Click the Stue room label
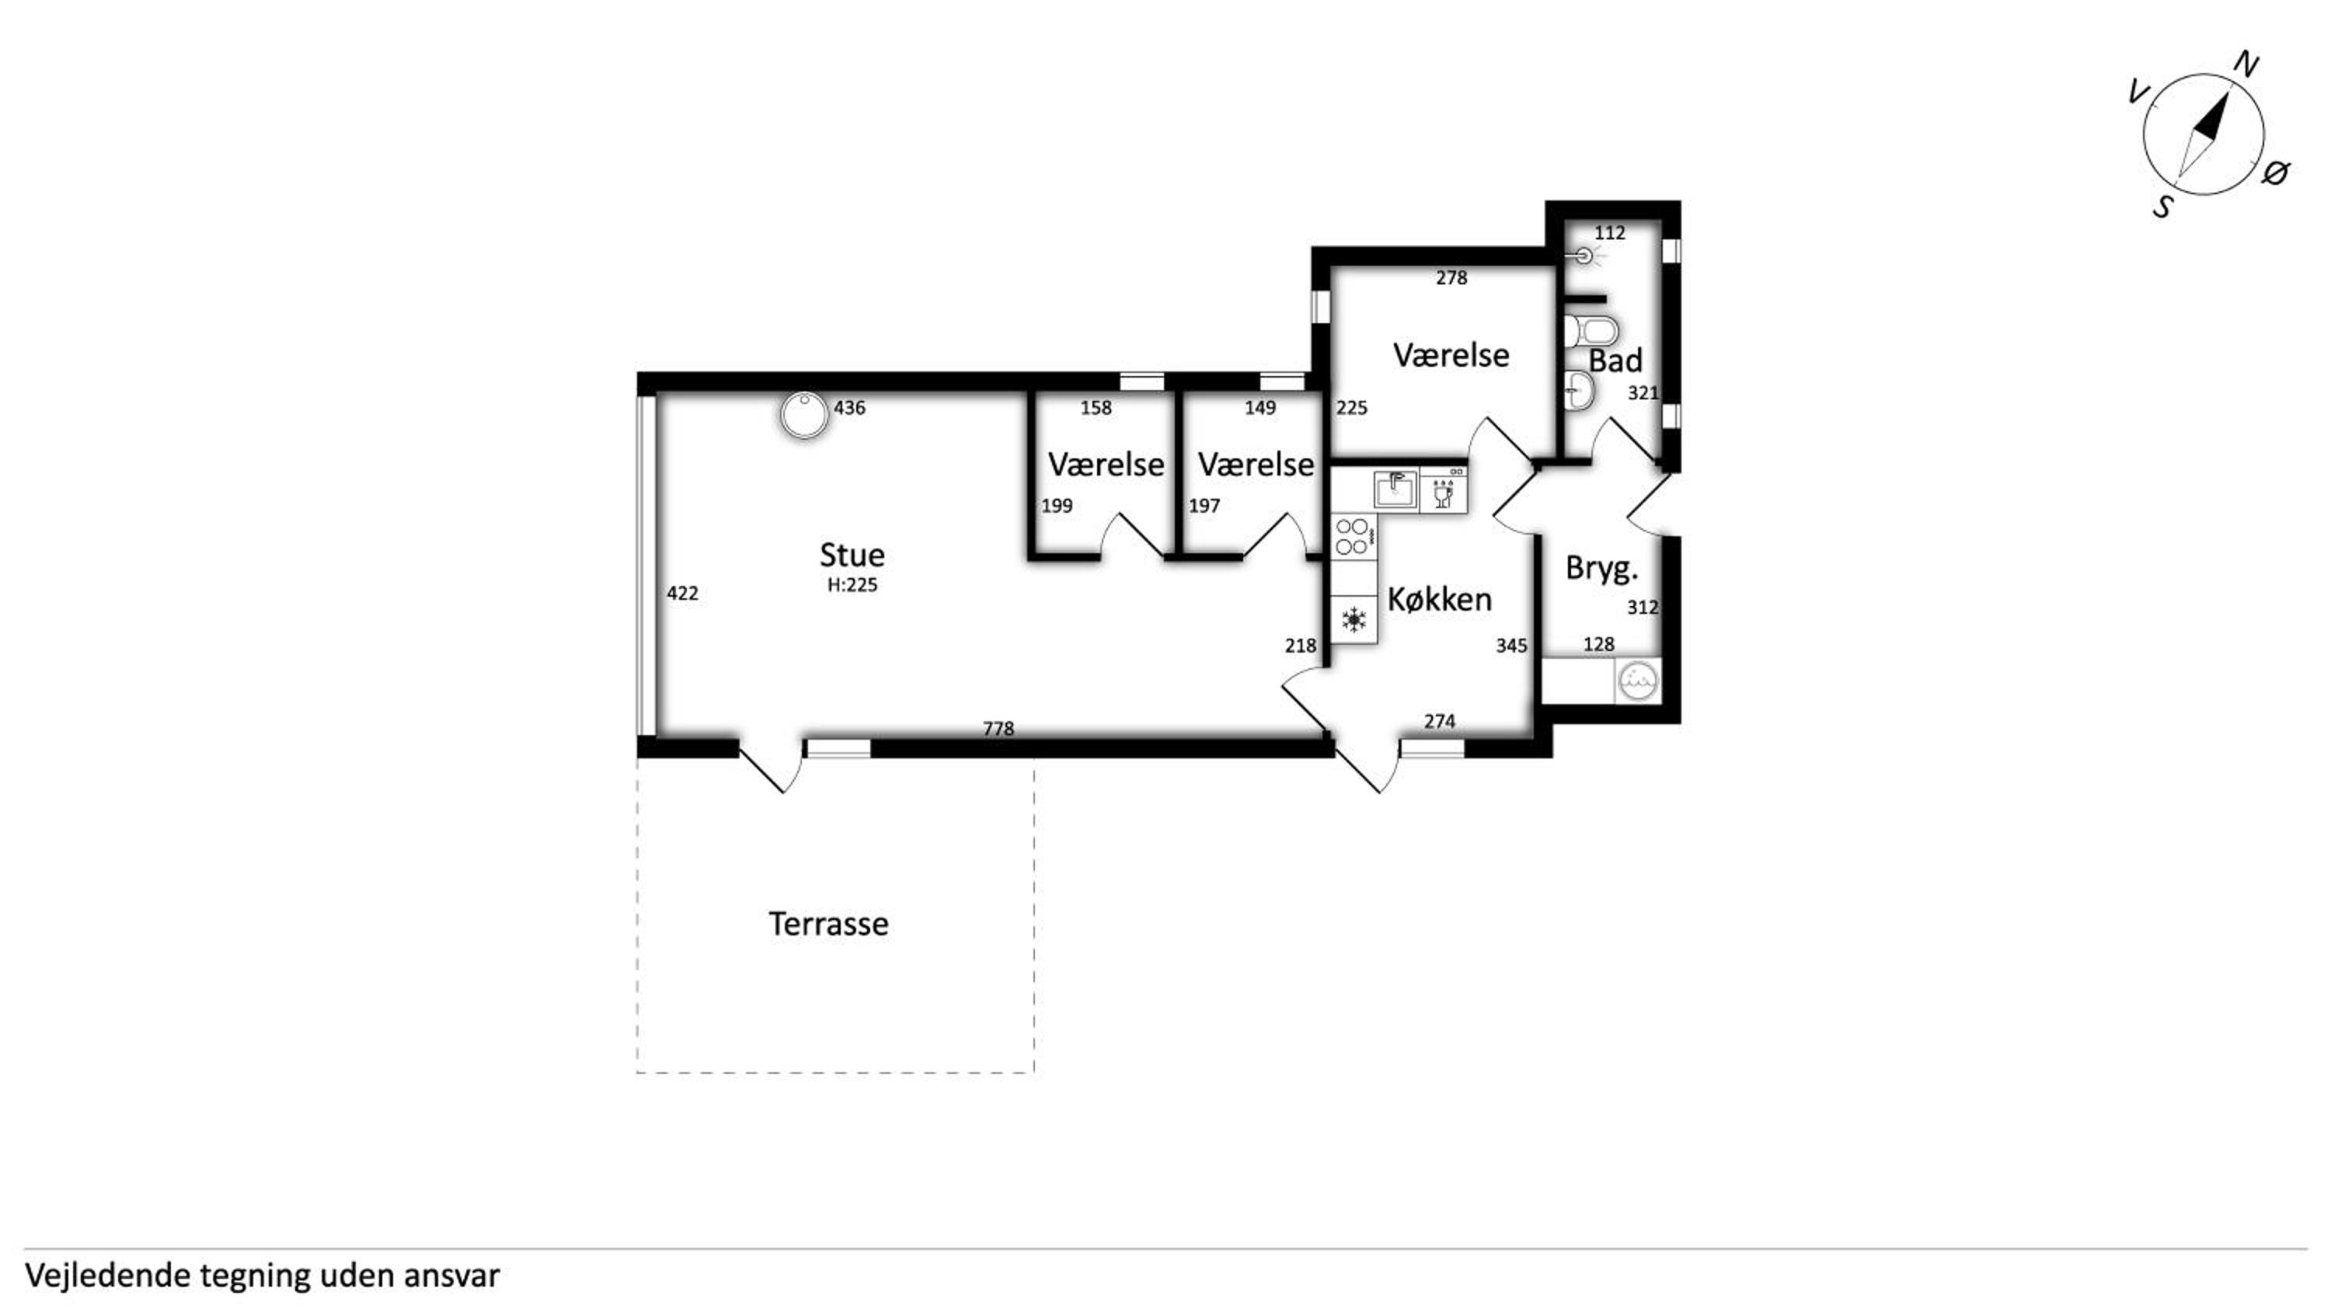pyautogui.click(x=852, y=555)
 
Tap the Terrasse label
pyautogui.click(x=828, y=924)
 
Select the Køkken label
pyautogui.click(x=1439, y=599)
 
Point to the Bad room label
pyautogui.click(x=1615, y=361)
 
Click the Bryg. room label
pyautogui.click(x=1601, y=569)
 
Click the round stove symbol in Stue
pyautogui.click(x=804, y=415)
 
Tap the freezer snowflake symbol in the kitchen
pyautogui.click(x=1354, y=620)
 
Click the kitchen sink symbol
pyautogui.click(x=1395, y=490)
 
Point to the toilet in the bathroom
pyautogui.click(x=1590, y=330)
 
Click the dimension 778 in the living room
pyautogui.click(x=998, y=728)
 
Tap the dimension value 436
pyautogui.click(x=850, y=408)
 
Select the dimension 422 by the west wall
pyautogui.click(x=682, y=594)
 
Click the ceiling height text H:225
pyautogui.click(x=852, y=585)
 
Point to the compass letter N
pyautogui.click(x=2246, y=65)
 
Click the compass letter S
pyautogui.click(x=2162, y=207)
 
